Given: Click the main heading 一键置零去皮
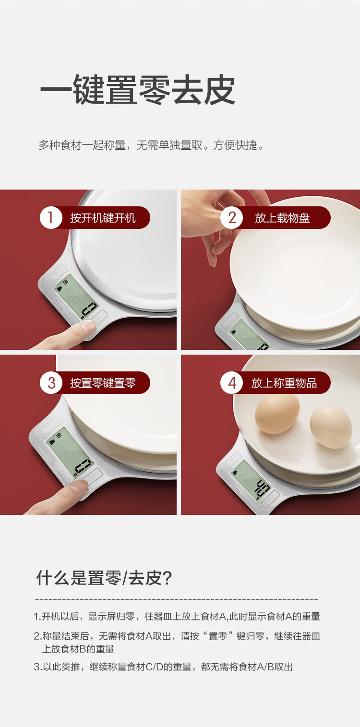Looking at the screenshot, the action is (x=138, y=90).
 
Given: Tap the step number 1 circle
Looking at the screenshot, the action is (x=51, y=217).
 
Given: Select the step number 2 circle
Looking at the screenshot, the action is (x=231, y=217).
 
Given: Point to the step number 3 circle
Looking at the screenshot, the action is (x=51, y=382).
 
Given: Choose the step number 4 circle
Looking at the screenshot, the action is (x=231, y=382).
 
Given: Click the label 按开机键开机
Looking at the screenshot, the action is (x=103, y=218).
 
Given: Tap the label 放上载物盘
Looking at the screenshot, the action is (x=282, y=218).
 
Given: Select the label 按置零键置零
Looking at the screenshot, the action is (x=103, y=383).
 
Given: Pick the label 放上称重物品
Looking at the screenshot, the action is (x=284, y=383).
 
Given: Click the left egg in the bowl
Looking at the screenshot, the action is (x=277, y=414).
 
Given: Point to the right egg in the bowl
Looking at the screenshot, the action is (x=331, y=427).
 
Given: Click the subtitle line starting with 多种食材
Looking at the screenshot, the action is (x=151, y=145).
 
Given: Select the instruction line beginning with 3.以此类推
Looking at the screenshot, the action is (x=163, y=667).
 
